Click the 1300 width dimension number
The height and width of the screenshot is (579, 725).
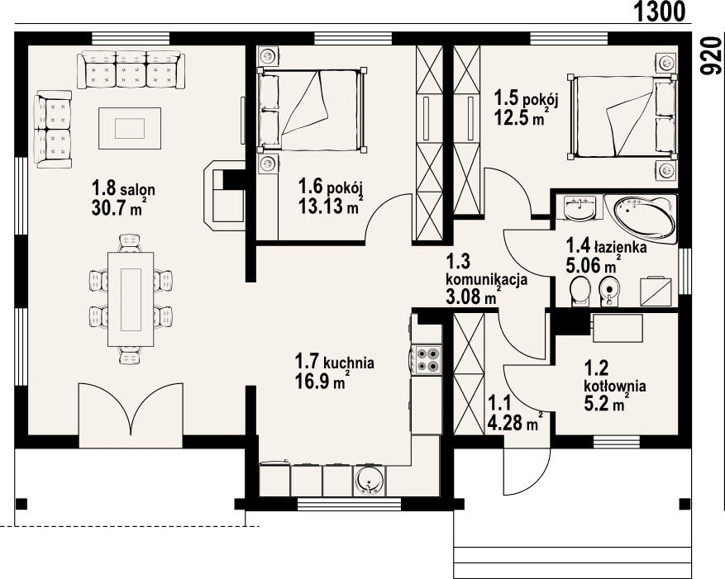point(658,12)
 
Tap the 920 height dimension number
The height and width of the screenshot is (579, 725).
point(710,56)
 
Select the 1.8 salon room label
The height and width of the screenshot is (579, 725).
point(123,189)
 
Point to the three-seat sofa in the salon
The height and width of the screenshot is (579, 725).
point(131,69)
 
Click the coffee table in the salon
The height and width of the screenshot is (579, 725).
point(130,128)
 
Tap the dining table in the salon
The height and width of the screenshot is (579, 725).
point(131,299)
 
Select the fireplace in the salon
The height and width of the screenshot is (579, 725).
point(224,195)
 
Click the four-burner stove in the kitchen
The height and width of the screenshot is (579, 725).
point(427,360)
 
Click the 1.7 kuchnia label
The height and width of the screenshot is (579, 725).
point(334,362)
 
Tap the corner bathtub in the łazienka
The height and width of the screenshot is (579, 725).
point(641,219)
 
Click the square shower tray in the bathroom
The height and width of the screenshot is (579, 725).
point(656,291)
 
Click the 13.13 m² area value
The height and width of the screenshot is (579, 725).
point(329,206)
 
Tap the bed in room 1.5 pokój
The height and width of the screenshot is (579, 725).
point(622,117)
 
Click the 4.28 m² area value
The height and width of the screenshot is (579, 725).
point(515,423)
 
